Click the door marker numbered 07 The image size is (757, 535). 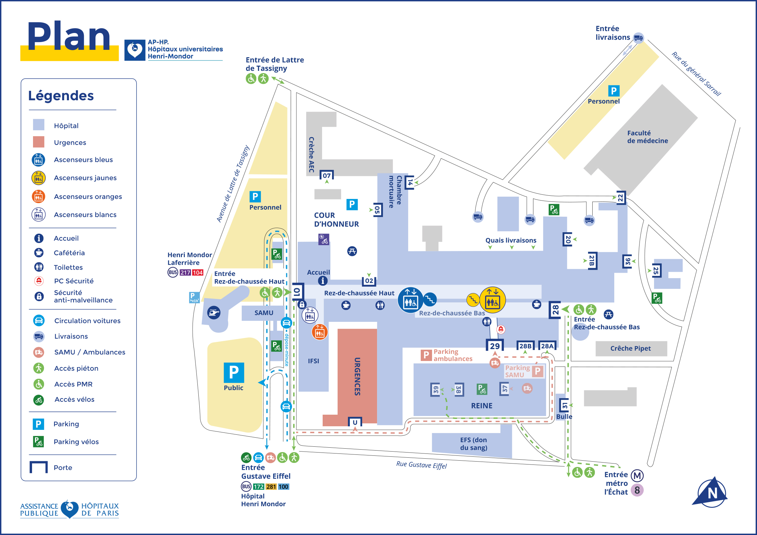(x=327, y=175)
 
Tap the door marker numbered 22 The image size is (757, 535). (x=620, y=198)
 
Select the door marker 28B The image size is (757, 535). (x=525, y=346)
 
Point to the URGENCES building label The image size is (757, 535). (x=357, y=376)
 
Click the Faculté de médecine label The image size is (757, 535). (x=647, y=137)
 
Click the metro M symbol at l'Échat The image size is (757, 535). (x=637, y=476)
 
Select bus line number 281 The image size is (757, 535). (x=271, y=486)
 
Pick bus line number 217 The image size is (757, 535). (x=185, y=272)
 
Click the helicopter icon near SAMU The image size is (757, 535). (x=214, y=312)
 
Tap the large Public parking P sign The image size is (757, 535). (x=234, y=372)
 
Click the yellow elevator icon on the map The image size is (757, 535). (x=492, y=300)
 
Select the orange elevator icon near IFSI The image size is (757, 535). (x=319, y=332)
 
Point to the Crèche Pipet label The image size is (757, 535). (x=630, y=349)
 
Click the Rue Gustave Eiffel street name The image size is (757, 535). (x=421, y=465)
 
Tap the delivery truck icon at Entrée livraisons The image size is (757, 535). (x=638, y=38)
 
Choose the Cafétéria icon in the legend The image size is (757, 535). (x=39, y=253)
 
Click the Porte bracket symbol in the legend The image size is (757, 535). (x=39, y=467)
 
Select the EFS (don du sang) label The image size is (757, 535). (x=473, y=443)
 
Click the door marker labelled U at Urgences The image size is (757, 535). (x=355, y=422)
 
